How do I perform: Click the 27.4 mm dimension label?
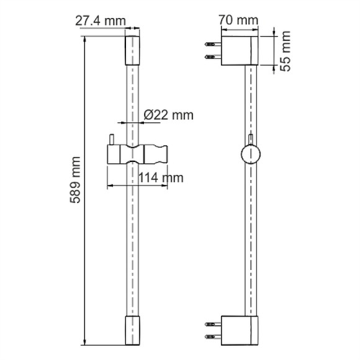pos(101,21)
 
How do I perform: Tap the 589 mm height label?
pos(75,180)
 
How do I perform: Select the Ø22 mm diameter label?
pos(169,115)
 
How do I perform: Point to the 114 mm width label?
pos(161,178)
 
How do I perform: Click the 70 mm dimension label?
pos(238,20)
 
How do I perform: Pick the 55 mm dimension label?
pos(286,51)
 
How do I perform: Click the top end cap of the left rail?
pos(132,50)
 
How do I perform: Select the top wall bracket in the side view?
pos(240,50)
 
